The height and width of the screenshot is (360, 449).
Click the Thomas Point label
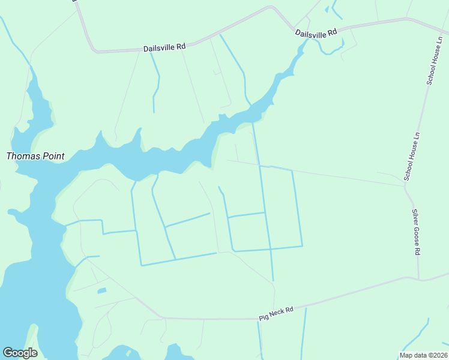[35, 156]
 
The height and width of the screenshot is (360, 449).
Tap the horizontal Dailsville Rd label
[164, 47]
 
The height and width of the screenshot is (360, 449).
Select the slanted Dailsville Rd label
[317, 33]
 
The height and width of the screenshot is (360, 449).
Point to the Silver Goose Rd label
[415, 232]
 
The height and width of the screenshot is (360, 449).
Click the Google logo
[20, 353]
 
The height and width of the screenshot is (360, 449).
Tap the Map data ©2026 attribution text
[423, 355]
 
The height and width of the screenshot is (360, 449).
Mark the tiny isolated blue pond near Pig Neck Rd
[101, 291]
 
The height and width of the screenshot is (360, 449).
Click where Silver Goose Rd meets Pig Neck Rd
[418, 279]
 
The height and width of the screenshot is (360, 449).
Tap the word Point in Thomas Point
[52, 156]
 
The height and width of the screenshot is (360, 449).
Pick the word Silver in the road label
[414, 217]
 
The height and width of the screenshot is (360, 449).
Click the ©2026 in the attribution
[436, 355]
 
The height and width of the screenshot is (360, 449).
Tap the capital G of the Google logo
[8, 352]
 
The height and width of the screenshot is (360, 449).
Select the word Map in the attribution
[406, 355]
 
